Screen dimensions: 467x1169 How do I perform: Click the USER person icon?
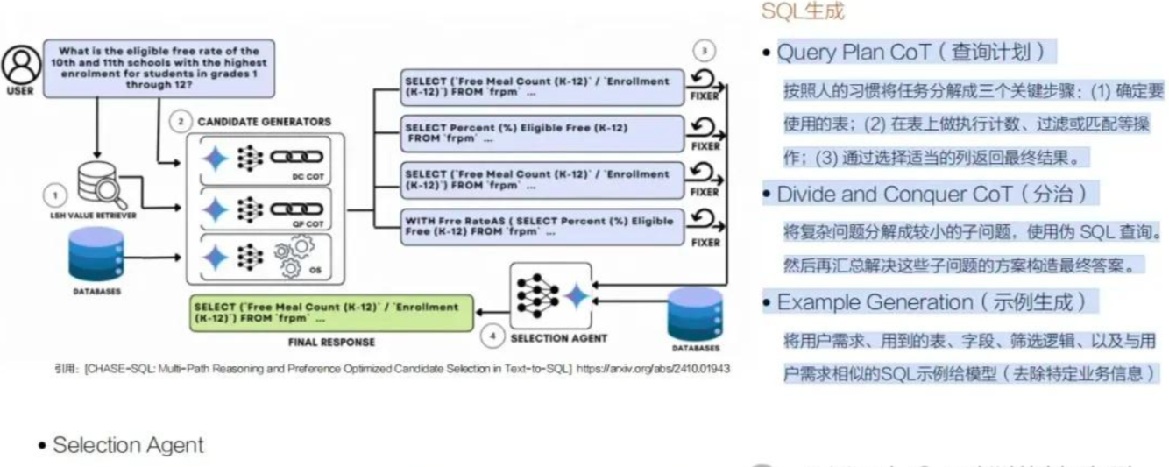19,64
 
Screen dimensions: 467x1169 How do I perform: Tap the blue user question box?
159,68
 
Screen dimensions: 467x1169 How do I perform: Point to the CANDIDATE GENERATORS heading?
264,121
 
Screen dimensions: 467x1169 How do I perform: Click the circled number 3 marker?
705,50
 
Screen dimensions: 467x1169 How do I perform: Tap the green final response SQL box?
331,313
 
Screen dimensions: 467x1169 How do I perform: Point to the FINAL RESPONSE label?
331,342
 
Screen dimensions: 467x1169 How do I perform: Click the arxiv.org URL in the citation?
653,369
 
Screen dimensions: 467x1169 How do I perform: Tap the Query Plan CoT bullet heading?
911,53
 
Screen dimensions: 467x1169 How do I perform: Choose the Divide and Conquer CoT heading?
937,194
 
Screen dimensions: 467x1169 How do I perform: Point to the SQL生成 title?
803,11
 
